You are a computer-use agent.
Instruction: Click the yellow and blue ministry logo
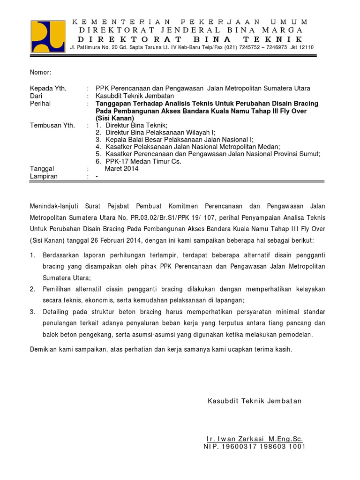click(x=48, y=36)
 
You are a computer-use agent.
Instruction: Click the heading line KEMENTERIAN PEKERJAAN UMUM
click(x=190, y=22)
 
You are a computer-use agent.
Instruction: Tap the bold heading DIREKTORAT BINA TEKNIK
click(x=190, y=39)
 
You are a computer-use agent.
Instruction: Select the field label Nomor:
click(x=40, y=72)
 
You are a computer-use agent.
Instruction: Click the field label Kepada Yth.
click(x=48, y=88)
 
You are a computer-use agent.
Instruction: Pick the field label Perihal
click(x=40, y=103)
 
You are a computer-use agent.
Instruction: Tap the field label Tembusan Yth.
click(x=52, y=126)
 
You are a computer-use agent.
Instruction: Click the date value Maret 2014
click(x=121, y=169)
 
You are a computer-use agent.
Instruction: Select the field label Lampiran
click(x=44, y=176)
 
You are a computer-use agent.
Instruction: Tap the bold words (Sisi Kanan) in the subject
click(x=115, y=118)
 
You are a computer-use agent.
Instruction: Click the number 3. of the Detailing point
click(x=32, y=312)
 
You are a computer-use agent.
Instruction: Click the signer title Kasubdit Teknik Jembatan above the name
click(x=255, y=401)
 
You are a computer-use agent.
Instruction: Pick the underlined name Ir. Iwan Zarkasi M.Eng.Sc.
click(x=255, y=439)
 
